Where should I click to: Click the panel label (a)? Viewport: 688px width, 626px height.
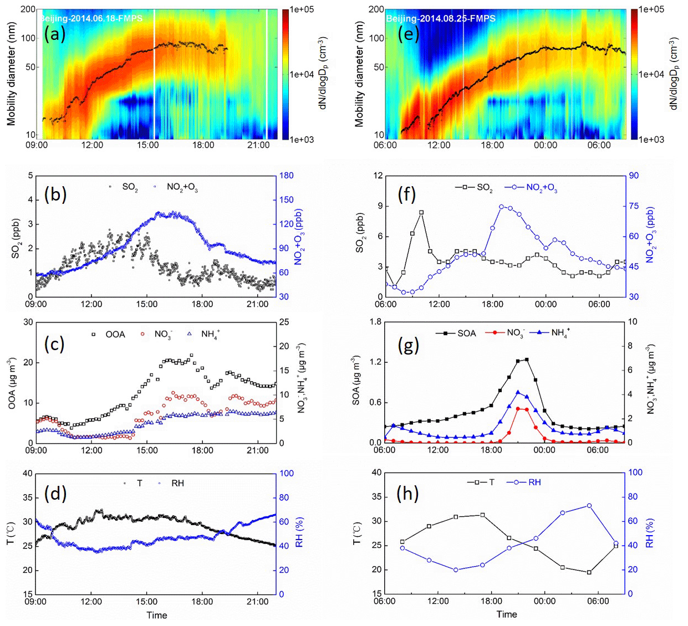point(54,34)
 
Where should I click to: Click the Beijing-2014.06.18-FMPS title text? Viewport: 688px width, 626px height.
point(91,18)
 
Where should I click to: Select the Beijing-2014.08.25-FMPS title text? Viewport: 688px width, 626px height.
point(441,18)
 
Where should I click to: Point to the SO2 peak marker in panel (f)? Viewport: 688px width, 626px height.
point(421,212)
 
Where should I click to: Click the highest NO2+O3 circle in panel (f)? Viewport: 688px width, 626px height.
point(501,207)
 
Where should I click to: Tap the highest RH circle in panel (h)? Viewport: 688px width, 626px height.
point(589,505)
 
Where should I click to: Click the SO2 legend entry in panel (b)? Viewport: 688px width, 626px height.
point(124,187)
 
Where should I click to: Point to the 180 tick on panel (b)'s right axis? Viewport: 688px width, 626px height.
point(286,176)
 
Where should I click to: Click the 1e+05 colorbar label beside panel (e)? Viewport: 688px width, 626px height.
point(651,9)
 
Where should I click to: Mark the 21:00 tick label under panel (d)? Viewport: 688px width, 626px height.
point(258,602)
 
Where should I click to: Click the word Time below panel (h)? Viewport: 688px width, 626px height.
point(506,614)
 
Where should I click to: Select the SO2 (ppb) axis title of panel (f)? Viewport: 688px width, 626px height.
point(360,233)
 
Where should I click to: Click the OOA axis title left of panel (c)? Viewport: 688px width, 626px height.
point(12,382)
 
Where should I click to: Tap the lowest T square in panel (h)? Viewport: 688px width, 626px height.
point(589,572)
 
